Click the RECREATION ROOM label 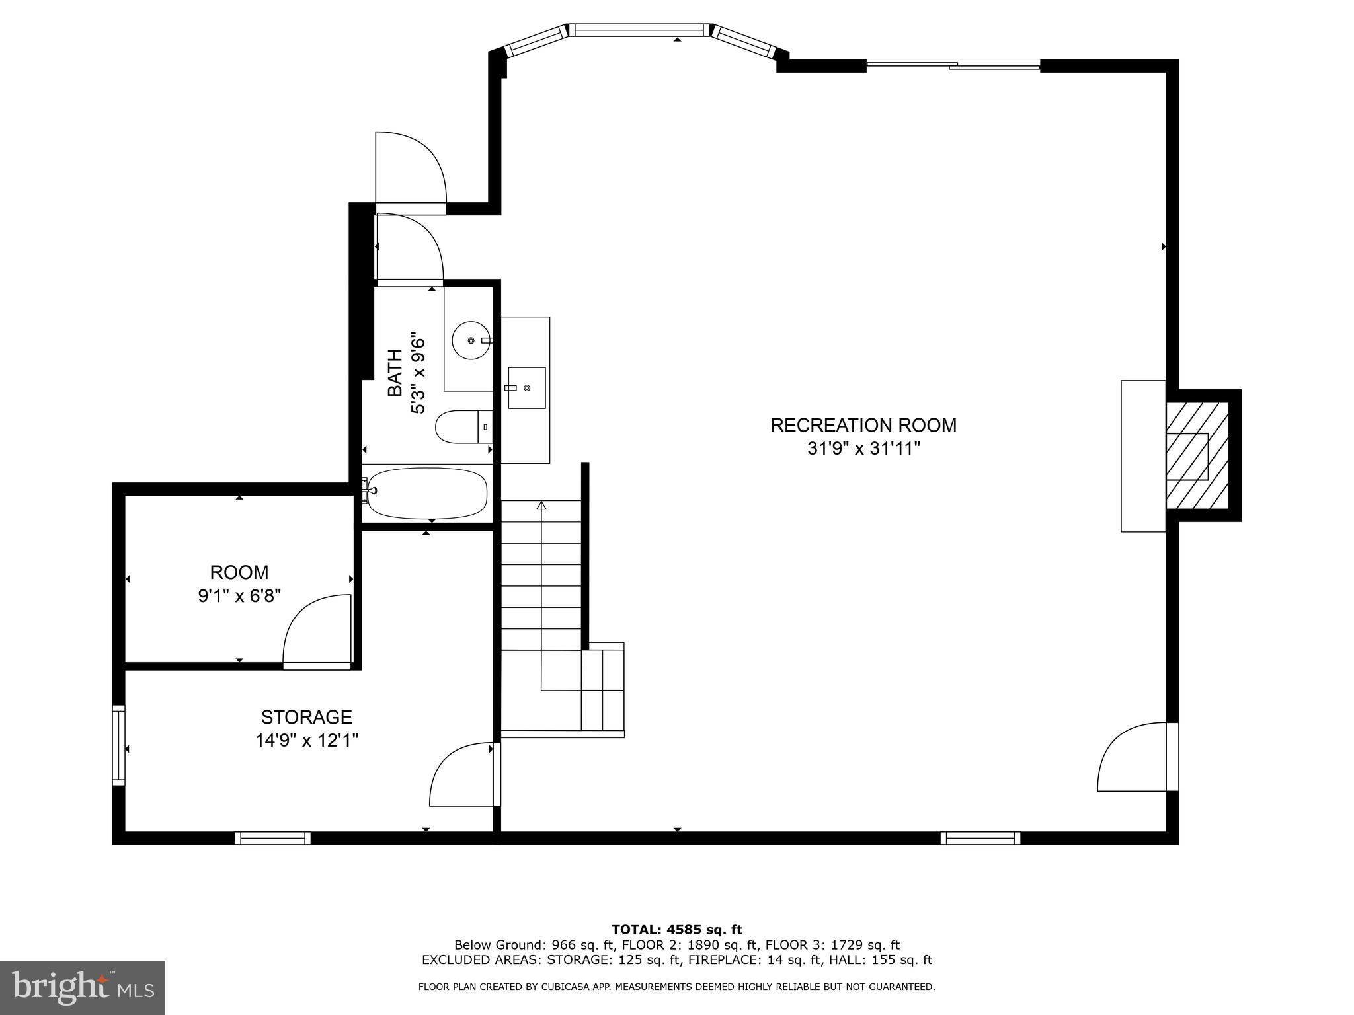point(863,425)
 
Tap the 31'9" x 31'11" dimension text point(863,449)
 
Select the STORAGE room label point(306,717)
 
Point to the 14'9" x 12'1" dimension point(307,740)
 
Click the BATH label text point(395,373)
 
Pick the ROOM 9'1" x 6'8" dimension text point(239,596)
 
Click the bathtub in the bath point(427,493)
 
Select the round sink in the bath point(471,340)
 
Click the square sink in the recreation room point(526,388)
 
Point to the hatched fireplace point(1197,455)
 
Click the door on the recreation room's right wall point(1138,757)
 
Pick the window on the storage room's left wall point(119,745)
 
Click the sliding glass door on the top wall point(953,65)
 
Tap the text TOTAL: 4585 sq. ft point(676,930)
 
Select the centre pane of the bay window point(638,30)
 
